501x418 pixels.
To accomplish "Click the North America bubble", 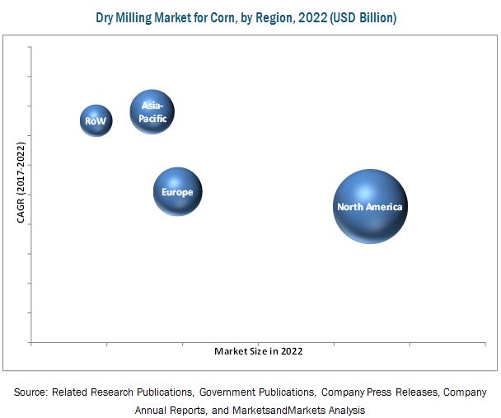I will [370, 206].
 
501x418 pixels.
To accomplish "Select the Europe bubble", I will [177, 192].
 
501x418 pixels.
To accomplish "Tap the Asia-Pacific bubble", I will [152, 112].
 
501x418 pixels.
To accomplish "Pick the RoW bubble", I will [96, 121].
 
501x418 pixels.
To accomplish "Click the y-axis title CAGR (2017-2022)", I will [21, 182].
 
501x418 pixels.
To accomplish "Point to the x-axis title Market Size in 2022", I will [258, 351].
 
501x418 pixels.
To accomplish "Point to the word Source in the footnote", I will [30, 392].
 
